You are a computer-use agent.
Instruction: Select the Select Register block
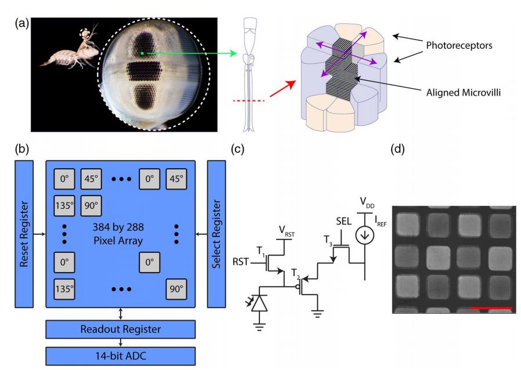click(x=216, y=234)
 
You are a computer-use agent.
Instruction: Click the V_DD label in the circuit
click(x=367, y=201)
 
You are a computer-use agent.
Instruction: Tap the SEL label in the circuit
click(x=344, y=222)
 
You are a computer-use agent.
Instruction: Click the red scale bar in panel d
click(x=491, y=307)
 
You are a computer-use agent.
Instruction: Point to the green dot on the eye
click(x=143, y=54)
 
